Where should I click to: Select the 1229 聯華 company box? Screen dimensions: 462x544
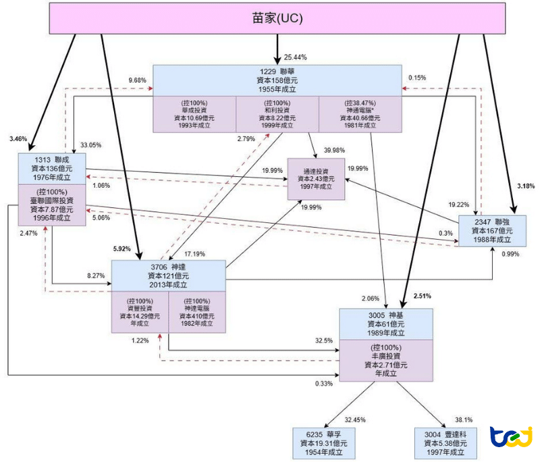(277, 80)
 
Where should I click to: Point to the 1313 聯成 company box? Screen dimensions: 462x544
(53, 168)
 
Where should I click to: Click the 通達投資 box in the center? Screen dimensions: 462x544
(316, 178)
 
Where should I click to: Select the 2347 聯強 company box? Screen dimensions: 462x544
(491, 230)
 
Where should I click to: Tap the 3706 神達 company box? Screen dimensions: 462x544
(167, 276)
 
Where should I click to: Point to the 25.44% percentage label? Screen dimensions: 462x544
(298, 57)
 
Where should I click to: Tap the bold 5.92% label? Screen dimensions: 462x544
(122, 249)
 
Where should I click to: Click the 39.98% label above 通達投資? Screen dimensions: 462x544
(335, 150)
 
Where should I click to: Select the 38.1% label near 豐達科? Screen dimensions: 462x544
(463, 419)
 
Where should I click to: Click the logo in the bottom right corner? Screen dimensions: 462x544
(511, 438)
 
